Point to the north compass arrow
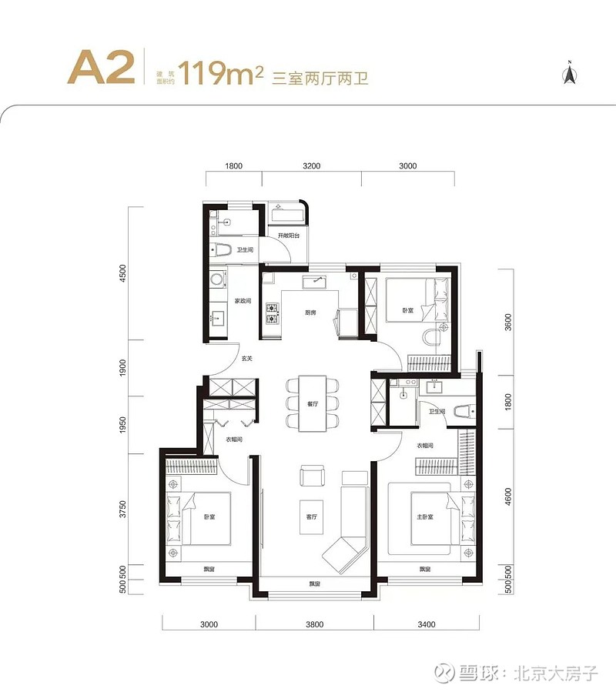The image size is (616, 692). (x=571, y=74)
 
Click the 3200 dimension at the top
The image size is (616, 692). (x=312, y=166)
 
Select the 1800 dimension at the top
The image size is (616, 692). (x=234, y=166)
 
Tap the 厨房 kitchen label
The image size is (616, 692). (x=311, y=312)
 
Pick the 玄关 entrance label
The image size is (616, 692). (x=246, y=358)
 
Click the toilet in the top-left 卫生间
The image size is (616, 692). (x=221, y=249)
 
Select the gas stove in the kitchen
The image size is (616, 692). (x=272, y=313)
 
